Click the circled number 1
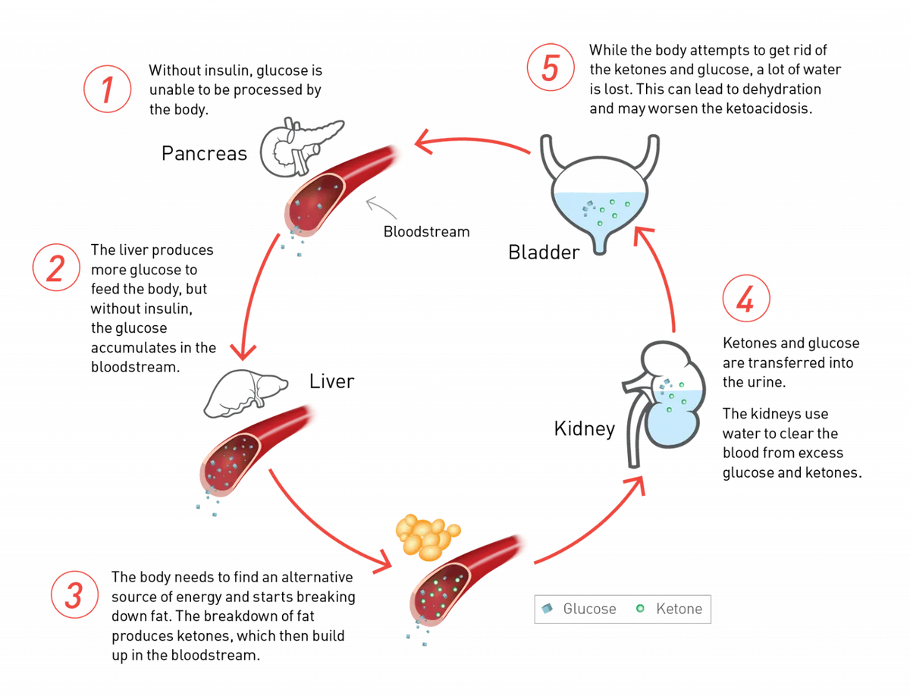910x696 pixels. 108,89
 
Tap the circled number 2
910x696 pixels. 56,268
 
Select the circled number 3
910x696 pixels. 74,595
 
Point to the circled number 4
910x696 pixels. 746,299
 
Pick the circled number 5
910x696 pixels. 551,67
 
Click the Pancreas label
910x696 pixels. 204,153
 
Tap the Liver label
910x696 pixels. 331,381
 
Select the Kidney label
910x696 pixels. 585,429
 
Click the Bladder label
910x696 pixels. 544,252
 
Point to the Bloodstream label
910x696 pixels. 427,232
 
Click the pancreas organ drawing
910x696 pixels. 302,148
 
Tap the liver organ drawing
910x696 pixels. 246,393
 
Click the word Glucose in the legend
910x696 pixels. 589,609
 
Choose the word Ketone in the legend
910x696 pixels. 679,609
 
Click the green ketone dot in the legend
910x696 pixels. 640,609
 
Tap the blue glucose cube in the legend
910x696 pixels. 548,609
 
